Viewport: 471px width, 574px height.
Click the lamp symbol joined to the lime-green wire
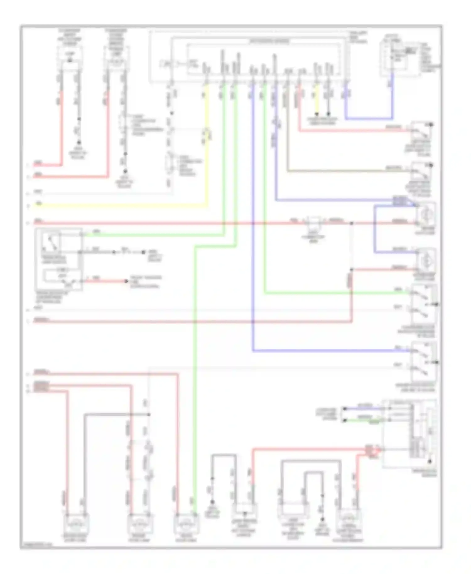[187, 524]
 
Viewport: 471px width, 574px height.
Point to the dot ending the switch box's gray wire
[143, 252]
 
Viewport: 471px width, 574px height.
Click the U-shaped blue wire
[369, 119]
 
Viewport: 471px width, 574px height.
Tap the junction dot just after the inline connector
[351, 223]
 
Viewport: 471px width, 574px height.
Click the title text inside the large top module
[269, 41]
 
